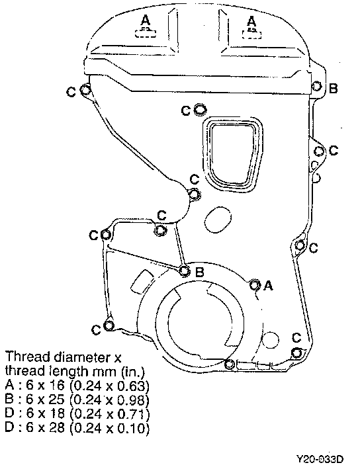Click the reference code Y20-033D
(320, 458)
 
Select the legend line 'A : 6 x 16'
(77, 386)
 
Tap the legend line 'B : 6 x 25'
(77, 400)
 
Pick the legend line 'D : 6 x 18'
(77, 413)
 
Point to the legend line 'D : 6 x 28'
(77, 428)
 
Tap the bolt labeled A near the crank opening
(254, 285)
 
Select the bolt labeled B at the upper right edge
(316, 87)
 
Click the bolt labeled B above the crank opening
(185, 271)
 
